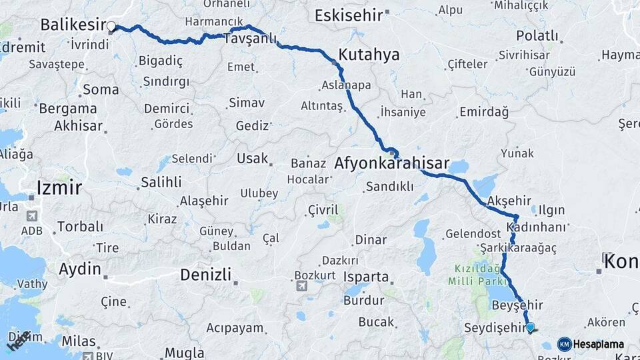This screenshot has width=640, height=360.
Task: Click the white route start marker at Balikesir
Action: coord(111,27)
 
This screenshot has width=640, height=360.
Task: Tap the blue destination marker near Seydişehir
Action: coord(530,327)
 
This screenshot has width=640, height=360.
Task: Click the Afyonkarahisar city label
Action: coord(391,163)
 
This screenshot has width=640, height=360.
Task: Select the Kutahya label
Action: coord(369,55)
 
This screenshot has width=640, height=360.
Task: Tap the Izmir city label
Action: coord(59,187)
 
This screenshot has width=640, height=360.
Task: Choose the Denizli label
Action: coord(205,274)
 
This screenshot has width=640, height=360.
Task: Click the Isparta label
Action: coord(365,277)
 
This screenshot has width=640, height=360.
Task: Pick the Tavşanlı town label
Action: coord(250,39)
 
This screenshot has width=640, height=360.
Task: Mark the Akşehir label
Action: coord(509,201)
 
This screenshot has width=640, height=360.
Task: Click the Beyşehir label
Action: coord(517,305)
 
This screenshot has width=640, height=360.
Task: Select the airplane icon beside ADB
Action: coord(31,216)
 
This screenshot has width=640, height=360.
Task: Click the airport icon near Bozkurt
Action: coord(302,286)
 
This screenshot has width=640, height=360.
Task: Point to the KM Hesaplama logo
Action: coord(591,344)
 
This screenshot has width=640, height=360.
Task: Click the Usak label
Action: coord(253,159)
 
